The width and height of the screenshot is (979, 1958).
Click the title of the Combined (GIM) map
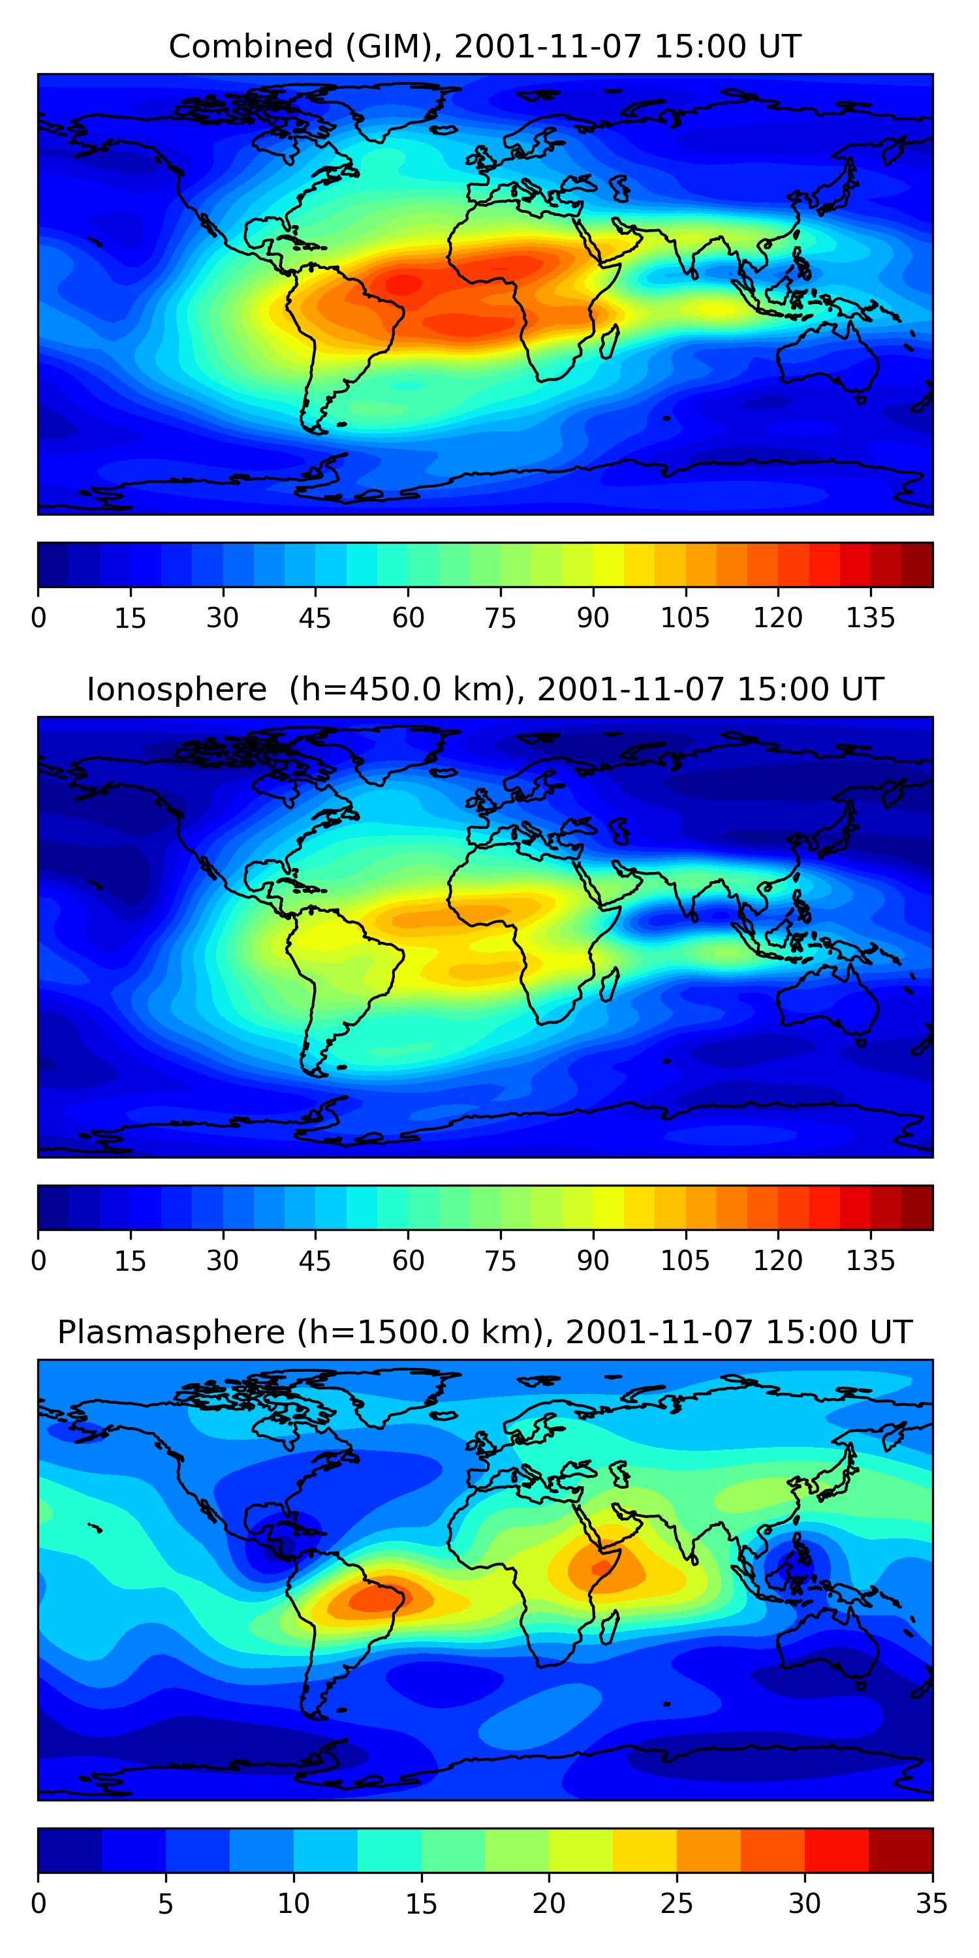(x=485, y=47)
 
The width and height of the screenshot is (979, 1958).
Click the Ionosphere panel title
(x=485, y=689)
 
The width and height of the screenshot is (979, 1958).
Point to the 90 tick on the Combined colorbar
(x=593, y=617)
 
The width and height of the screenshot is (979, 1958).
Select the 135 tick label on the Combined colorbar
(x=870, y=617)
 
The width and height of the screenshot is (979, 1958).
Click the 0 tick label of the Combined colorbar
(x=39, y=617)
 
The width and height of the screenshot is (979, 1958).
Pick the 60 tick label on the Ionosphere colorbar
(x=408, y=1260)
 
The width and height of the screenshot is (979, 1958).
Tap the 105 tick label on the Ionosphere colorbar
(x=685, y=1260)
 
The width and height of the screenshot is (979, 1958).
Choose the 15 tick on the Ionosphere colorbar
(x=130, y=1260)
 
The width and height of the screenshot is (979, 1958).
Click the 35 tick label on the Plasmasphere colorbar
(x=932, y=1903)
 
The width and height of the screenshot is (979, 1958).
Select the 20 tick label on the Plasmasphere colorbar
(x=549, y=1903)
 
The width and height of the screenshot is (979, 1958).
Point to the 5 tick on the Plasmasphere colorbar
(x=166, y=1903)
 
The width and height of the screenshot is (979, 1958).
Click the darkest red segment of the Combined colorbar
(x=917, y=565)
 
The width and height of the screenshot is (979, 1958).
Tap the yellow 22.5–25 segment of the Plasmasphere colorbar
(x=645, y=1850)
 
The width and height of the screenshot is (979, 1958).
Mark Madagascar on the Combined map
(x=610, y=342)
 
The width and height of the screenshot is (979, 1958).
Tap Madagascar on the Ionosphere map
(x=610, y=985)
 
